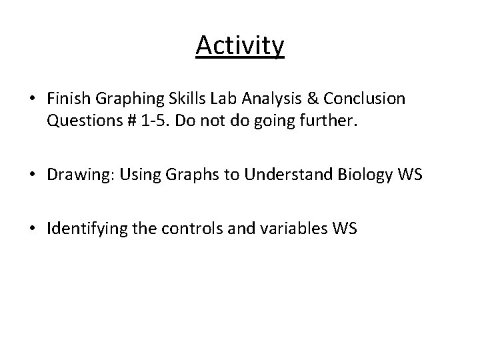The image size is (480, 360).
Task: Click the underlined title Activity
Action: click(240, 46)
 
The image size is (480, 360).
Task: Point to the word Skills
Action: click(169, 99)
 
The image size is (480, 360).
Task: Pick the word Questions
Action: click(78, 122)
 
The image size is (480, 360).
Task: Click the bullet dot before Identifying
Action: click(33, 229)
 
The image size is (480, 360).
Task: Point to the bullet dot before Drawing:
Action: click(33, 175)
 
